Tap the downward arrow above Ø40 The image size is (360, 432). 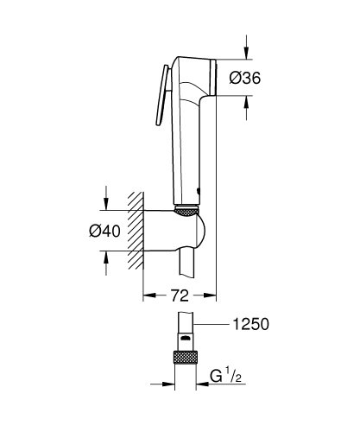coord(105,198)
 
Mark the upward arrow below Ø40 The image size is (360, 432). coord(105,260)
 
